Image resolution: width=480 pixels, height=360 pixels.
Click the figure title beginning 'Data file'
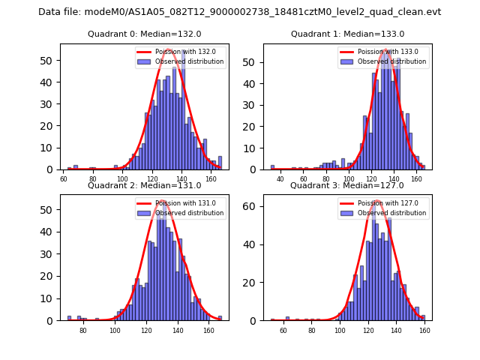[x=240, y=12]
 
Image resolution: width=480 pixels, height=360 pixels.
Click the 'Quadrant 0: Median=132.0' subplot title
[x=145, y=34]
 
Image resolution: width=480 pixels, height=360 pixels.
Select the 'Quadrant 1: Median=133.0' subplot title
[x=347, y=34]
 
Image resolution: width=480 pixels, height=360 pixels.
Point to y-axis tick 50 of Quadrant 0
[x=51, y=61]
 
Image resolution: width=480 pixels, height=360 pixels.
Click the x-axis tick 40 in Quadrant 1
[x=280, y=179]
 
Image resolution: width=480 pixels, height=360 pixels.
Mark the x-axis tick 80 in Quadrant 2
[x=83, y=331]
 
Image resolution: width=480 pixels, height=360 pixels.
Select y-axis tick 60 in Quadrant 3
[x=254, y=206]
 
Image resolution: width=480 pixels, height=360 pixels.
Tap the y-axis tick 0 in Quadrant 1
[x=256, y=169]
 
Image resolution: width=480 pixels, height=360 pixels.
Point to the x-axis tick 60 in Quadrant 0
[x=64, y=179]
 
